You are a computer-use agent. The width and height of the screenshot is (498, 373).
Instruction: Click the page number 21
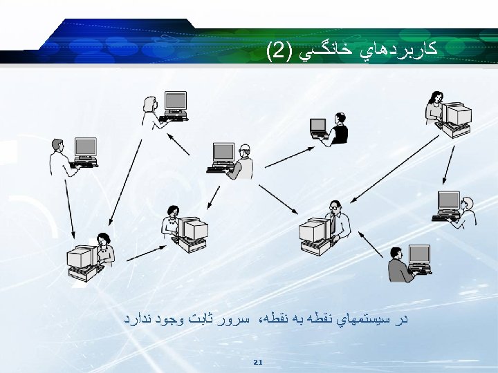click(x=257, y=362)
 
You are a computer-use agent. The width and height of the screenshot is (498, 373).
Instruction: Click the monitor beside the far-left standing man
click(x=86, y=148)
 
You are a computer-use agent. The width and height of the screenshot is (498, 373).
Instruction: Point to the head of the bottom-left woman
click(x=103, y=238)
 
